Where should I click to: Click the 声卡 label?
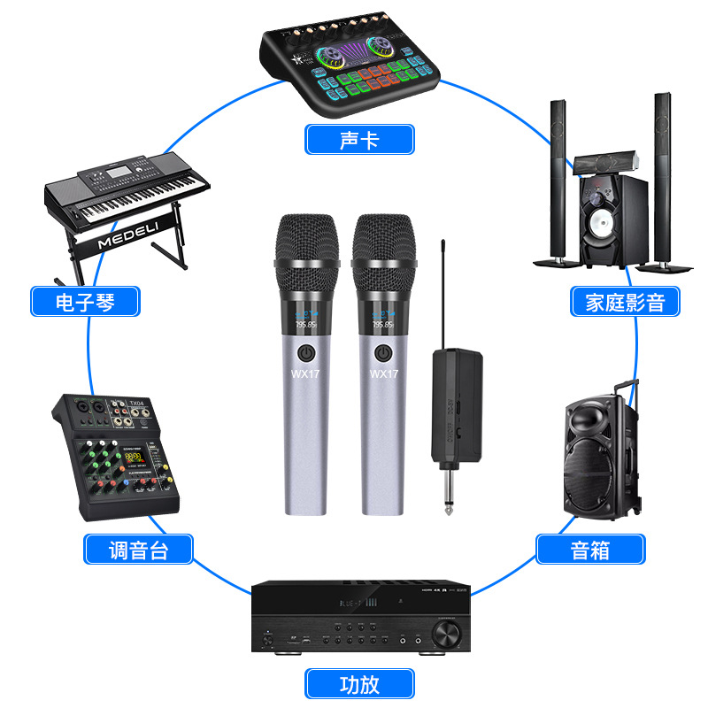(359, 140)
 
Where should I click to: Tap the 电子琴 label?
(85, 302)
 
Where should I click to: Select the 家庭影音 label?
(625, 302)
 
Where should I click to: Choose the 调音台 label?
(138, 550)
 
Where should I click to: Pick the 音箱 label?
(590, 550)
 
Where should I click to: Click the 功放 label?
(359, 683)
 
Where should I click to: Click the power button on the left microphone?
(305, 352)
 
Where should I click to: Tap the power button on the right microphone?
(383, 352)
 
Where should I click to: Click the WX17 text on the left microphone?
(305, 374)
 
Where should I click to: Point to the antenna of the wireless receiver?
(442, 292)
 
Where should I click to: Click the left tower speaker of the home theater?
(558, 177)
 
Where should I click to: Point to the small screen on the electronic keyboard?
(119, 171)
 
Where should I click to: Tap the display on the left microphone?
(305, 321)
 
